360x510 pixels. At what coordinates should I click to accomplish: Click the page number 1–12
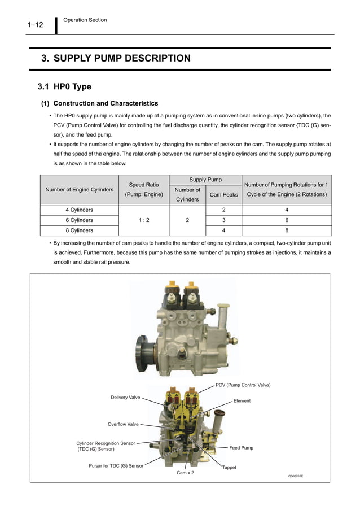35,25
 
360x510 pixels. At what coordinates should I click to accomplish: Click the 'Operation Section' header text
85,20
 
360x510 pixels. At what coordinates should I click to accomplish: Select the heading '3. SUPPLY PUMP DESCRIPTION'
116,58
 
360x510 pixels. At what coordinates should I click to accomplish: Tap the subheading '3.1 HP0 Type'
64,87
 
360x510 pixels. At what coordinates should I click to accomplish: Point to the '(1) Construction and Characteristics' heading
99,103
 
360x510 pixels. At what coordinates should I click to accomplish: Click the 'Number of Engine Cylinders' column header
79,189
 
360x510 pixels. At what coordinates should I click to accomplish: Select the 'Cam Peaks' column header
223,195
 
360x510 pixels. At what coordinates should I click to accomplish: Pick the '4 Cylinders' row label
79,210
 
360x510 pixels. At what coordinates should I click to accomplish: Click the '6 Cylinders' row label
79,220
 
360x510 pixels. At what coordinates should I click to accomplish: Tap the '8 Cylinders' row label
79,230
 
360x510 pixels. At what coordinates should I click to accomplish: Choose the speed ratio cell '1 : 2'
143,220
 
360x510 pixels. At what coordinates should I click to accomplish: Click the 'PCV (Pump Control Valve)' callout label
243,385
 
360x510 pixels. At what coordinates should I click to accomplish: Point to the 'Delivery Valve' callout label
125,398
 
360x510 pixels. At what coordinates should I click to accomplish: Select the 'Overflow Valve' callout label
123,424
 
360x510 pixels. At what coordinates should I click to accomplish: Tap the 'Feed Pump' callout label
241,448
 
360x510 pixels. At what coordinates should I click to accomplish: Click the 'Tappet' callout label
229,468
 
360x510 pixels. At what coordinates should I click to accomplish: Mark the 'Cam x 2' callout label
185,473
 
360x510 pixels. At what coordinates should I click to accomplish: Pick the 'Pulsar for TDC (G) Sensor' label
116,466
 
